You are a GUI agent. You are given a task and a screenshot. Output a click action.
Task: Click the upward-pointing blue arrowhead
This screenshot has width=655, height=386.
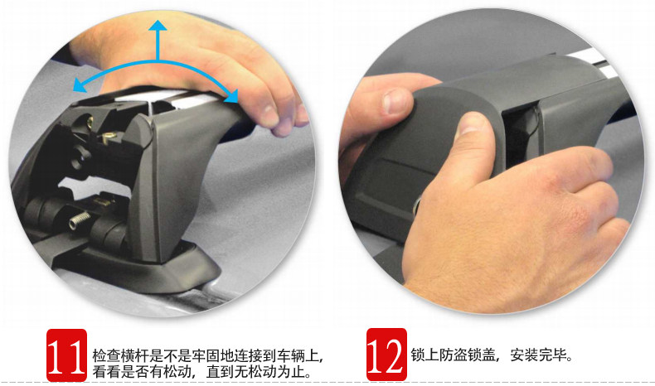(158, 25)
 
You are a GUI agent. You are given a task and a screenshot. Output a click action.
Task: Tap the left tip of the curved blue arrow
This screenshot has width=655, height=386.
(73, 89)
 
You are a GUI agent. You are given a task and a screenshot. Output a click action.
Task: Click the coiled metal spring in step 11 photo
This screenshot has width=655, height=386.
(80, 220)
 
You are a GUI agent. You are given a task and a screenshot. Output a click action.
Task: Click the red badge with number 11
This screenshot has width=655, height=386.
(66, 355)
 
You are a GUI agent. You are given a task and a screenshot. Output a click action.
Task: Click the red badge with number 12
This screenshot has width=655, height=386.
(386, 355)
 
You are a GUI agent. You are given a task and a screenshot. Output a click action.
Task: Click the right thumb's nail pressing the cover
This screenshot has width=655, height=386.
(472, 124)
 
